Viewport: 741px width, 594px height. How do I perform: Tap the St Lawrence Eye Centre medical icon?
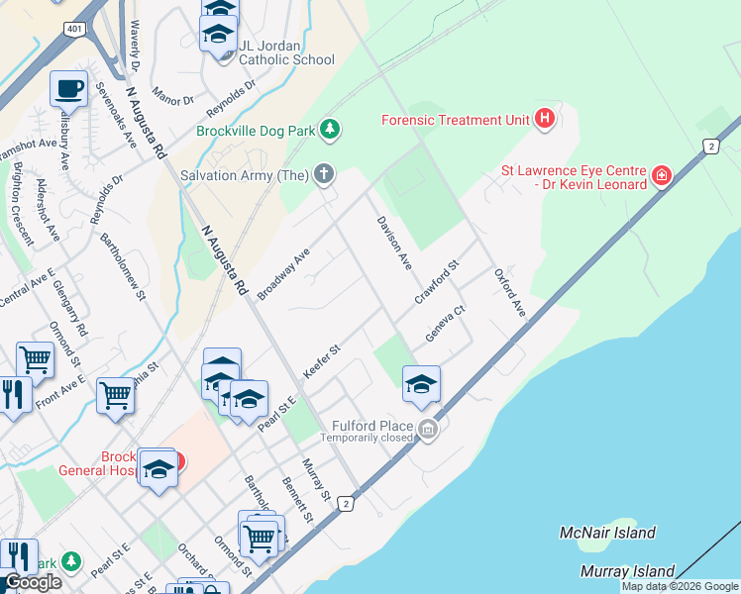[x=662, y=176]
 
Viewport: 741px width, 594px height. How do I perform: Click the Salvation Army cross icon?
[x=324, y=175]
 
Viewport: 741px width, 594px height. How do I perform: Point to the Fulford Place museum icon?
[x=428, y=428]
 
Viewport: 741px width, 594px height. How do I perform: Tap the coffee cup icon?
[x=69, y=89]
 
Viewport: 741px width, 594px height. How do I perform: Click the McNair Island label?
[x=607, y=533]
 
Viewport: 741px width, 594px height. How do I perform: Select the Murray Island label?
[x=628, y=571]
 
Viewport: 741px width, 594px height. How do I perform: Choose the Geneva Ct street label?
[x=445, y=325]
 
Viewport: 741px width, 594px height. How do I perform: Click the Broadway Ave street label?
[x=283, y=274]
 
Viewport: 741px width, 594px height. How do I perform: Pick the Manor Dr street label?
[x=173, y=100]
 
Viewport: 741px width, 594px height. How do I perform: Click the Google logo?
[x=32, y=582]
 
